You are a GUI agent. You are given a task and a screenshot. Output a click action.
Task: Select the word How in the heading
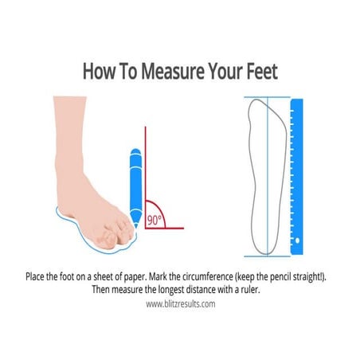98,71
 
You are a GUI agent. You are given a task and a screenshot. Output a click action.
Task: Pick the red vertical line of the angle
145,175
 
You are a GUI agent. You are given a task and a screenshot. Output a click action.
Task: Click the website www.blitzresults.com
180,303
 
